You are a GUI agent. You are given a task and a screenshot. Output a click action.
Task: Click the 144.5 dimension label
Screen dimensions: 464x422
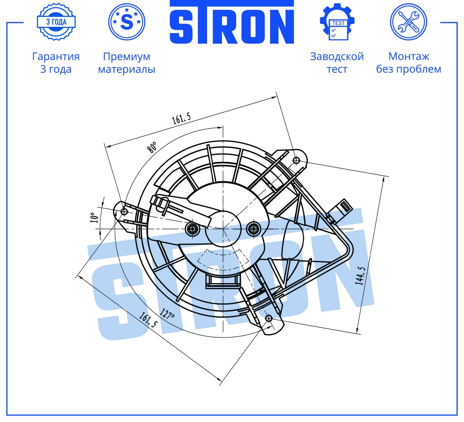[x=360, y=276]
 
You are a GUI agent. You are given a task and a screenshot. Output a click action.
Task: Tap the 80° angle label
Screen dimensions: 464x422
[x=152, y=147]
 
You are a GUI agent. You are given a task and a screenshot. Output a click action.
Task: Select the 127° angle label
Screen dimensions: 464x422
[x=167, y=314]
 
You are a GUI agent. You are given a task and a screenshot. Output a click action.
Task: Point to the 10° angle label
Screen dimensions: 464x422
[x=94, y=217]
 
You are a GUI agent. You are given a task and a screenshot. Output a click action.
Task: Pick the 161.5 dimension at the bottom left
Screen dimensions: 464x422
[x=148, y=320]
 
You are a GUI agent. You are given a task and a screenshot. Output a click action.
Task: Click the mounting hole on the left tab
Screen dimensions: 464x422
[x=124, y=212]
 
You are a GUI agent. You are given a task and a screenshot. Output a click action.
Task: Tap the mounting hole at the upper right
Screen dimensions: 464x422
[x=296, y=160]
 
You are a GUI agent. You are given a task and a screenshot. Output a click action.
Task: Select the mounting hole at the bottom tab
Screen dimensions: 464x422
[x=269, y=318]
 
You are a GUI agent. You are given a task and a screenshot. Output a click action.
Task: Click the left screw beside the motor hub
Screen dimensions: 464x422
[x=192, y=229]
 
